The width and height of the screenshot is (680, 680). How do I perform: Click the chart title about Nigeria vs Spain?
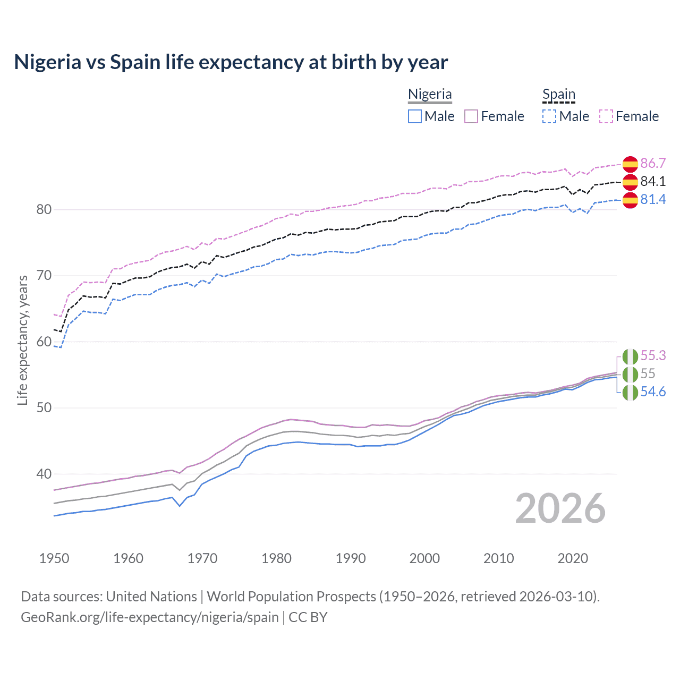click(231, 62)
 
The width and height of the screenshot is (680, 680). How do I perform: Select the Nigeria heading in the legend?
click(430, 94)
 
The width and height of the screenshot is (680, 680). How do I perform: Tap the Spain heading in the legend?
click(558, 94)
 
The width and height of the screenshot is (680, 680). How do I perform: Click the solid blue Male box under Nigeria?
click(415, 116)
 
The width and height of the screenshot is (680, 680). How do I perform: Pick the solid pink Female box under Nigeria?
click(471, 116)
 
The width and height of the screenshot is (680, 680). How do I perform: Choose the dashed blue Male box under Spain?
click(549, 116)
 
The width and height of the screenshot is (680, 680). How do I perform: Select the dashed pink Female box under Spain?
click(606, 116)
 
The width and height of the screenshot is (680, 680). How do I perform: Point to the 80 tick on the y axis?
click(44, 210)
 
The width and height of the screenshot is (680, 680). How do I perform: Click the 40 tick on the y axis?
click(44, 474)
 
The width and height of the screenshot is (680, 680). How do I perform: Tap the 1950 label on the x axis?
click(54, 558)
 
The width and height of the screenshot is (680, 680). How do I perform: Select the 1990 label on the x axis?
click(351, 558)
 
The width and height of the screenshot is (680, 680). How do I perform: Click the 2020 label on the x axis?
click(573, 558)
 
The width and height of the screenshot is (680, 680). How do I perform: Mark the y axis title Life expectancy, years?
click(22, 340)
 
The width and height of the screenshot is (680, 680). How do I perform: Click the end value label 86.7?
click(653, 163)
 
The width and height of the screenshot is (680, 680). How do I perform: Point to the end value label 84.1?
click(653, 181)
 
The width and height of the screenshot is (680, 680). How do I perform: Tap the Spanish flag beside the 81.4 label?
click(630, 200)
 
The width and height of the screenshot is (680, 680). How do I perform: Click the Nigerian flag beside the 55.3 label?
click(630, 356)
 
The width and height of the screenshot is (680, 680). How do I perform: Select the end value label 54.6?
click(653, 392)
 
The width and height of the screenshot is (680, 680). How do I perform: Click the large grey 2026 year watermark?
click(560, 508)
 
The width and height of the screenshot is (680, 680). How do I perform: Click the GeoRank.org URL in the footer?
click(150, 617)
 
